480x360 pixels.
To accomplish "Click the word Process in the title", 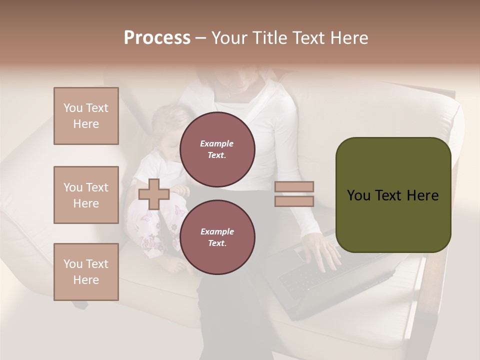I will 157,38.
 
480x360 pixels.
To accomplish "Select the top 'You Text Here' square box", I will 86,116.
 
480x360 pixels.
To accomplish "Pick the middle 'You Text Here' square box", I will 86,195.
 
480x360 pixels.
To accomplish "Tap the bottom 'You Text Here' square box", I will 86,271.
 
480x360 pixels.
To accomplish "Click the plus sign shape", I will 154,194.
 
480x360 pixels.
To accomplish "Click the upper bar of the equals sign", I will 294,186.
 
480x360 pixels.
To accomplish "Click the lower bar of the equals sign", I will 294,201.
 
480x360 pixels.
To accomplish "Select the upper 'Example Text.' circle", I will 217,149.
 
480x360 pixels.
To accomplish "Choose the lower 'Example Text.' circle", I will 217,237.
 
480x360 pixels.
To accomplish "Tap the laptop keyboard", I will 305,280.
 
